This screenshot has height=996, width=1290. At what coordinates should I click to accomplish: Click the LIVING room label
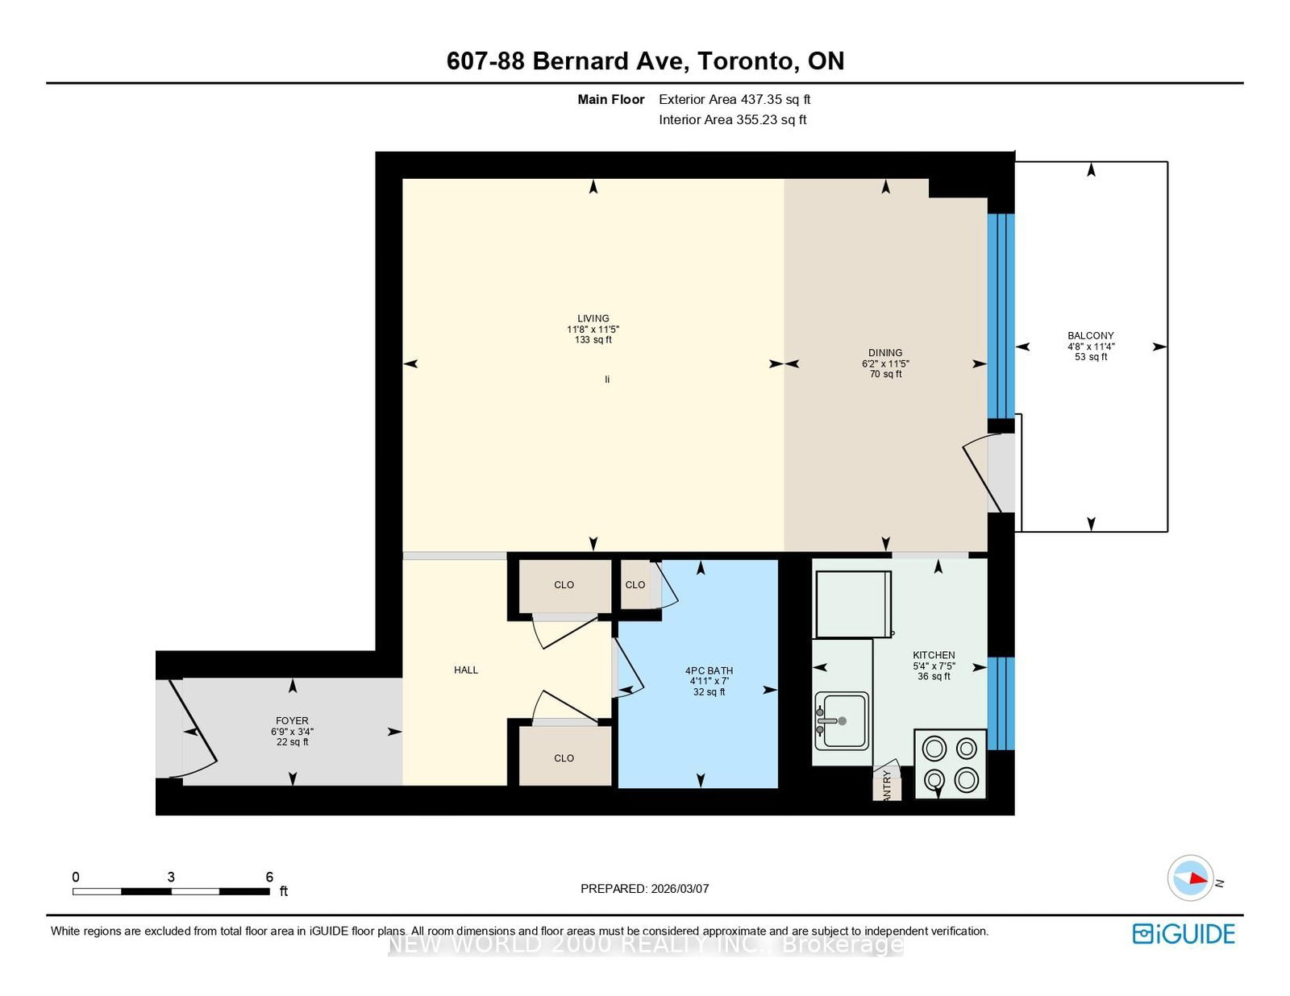click(x=593, y=318)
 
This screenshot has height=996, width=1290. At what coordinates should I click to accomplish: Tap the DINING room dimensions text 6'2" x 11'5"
click(x=885, y=363)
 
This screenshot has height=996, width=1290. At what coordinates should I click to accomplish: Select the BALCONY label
click(x=1090, y=335)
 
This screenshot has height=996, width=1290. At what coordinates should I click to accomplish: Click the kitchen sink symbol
click(x=841, y=720)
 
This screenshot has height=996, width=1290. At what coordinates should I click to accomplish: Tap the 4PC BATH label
click(x=709, y=670)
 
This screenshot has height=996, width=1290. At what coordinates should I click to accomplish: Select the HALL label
click(x=466, y=670)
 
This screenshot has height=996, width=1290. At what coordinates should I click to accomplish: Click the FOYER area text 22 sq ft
click(x=292, y=742)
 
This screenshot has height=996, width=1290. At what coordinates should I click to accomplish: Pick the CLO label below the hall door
click(x=564, y=758)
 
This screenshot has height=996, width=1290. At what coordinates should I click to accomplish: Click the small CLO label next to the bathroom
click(x=635, y=585)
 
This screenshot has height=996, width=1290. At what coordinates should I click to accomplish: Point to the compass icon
click(x=1191, y=878)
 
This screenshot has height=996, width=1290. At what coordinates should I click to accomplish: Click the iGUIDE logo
click(x=1183, y=933)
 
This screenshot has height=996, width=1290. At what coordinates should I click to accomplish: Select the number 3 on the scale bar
click(x=171, y=877)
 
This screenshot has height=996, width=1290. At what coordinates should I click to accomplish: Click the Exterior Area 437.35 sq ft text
click(x=734, y=99)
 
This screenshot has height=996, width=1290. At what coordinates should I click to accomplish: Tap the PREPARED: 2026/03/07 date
click(x=644, y=888)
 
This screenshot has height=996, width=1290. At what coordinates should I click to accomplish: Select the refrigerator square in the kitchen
click(x=853, y=604)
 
